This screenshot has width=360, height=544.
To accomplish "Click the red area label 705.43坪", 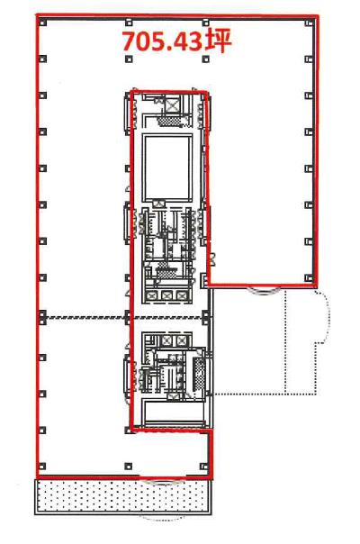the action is tap(176, 41).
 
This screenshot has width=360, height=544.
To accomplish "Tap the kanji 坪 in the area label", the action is tap(219, 41).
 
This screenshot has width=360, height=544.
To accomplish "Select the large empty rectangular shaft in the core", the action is tap(168, 168).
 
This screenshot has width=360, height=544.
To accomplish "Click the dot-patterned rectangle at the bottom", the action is tap(122, 495).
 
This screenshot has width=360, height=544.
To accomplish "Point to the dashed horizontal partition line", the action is tap(124, 317).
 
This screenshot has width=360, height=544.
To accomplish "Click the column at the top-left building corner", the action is tap(42, 23).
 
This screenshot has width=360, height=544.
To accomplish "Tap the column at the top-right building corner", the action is tap(309, 23).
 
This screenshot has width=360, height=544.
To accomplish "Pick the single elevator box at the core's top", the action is tap(173, 105).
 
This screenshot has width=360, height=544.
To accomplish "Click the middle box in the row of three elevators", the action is tap(166, 295).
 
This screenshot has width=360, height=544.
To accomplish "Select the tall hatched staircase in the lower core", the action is tap(199, 374).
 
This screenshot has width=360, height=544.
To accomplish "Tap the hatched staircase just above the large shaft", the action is tap(167, 121).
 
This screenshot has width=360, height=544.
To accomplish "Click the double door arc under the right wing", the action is tap(264, 291).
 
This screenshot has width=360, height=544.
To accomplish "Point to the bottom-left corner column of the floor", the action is tap(42, 466).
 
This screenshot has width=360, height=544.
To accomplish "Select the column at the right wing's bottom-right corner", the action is tap(309, 278).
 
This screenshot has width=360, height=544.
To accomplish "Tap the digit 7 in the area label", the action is tap(130, 42).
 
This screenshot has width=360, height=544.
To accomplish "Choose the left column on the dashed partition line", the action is tap(42, 316).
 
